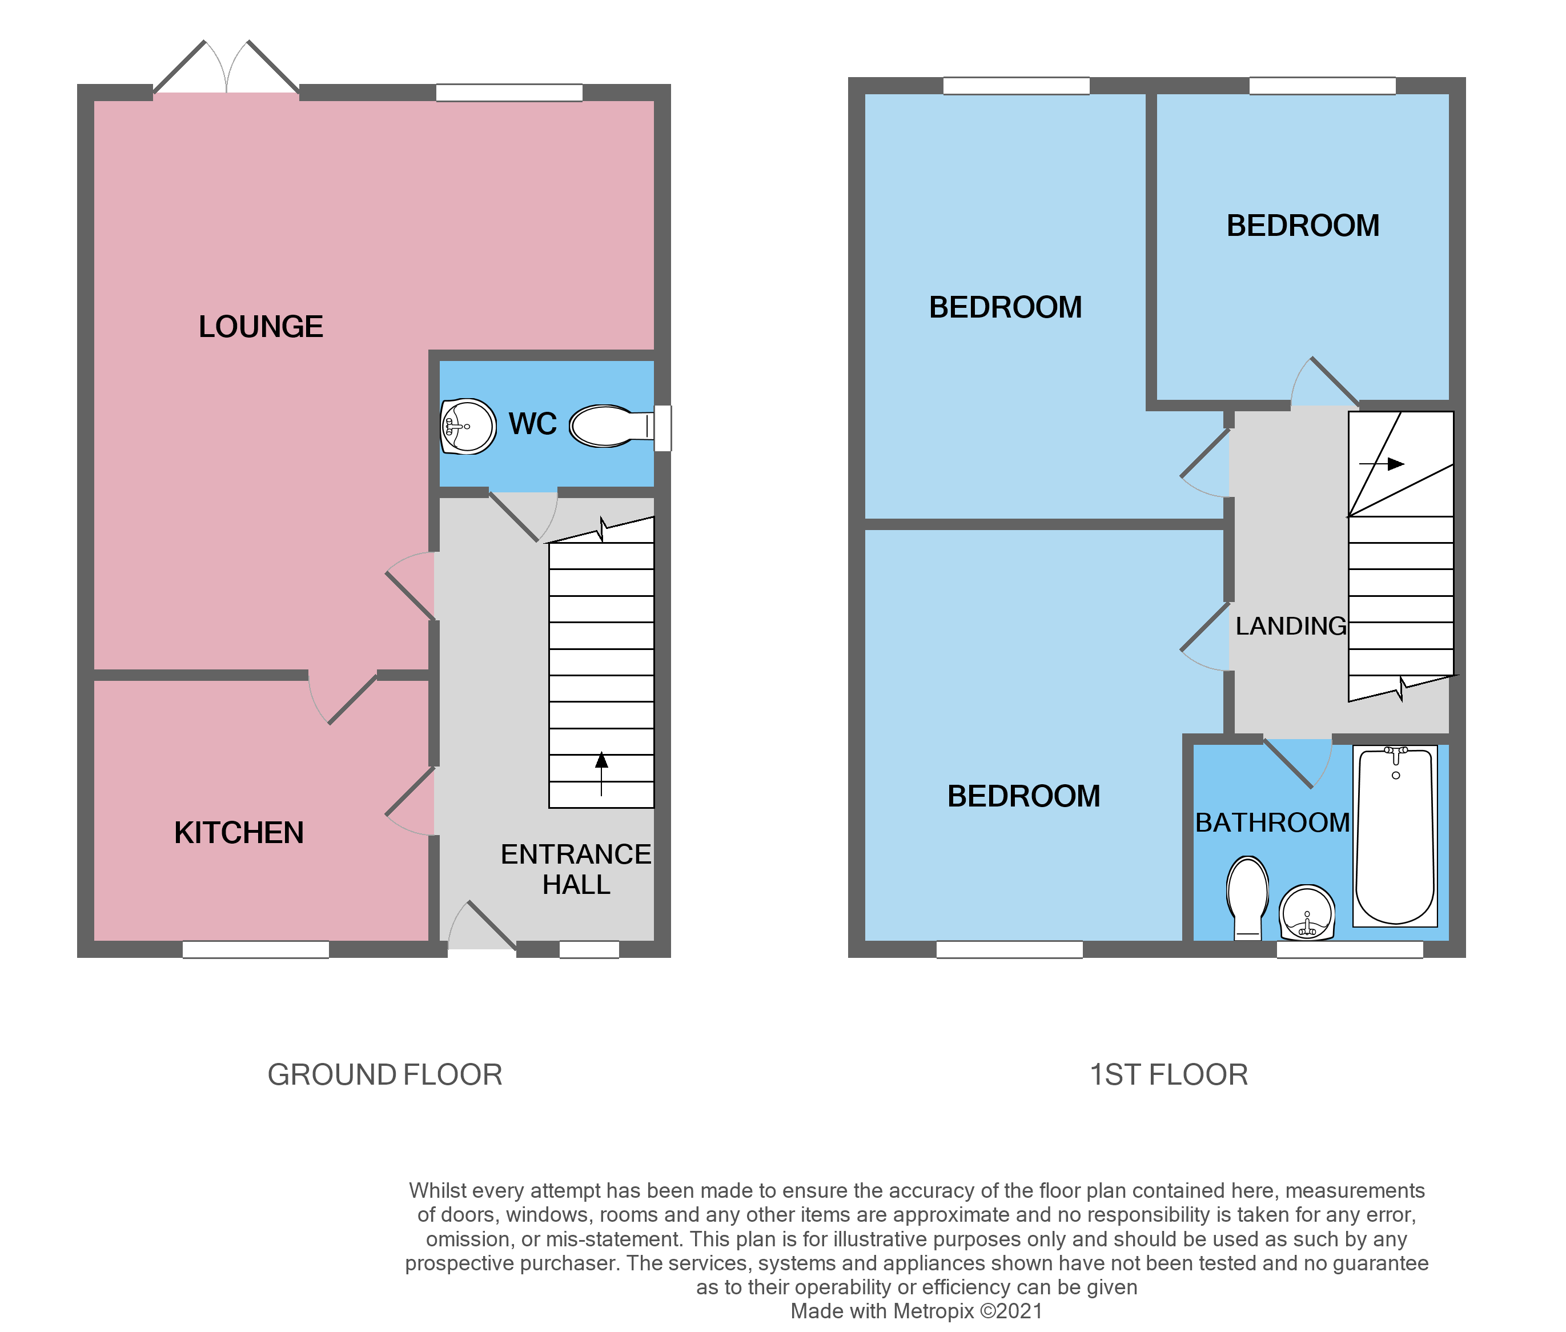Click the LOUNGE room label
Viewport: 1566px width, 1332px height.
(x=260, y=327)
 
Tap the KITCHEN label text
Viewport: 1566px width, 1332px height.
(x=239, y=833)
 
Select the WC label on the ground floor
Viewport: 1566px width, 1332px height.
(x=532, y=424)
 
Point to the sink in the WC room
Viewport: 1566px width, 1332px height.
(x=468, y=427)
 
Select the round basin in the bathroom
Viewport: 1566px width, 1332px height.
(x=1307, y=912)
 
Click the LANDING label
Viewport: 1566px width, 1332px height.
(x=1290, y=626)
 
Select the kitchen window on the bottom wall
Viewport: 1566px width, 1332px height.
(x=255, y=949)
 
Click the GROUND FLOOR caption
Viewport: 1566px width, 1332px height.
(x=384, y=1074)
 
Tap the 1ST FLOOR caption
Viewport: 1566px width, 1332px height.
(x=1168, y=1074)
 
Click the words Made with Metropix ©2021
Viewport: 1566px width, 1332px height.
(x=916, y=1311)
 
